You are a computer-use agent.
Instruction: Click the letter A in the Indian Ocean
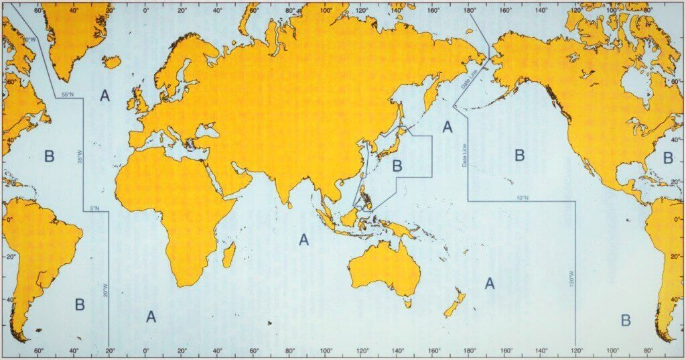(x=304, y=239)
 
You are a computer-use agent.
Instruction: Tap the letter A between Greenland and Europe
(x=105, y=96)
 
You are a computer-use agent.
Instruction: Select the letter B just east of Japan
(x=397, y=165)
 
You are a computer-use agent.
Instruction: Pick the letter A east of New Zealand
(x=490, y=284)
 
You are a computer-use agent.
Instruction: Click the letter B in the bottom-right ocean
(x=625, y=320)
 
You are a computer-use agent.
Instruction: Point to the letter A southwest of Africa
(x=151, y=316)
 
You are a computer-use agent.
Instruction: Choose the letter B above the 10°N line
(x=519, y=156)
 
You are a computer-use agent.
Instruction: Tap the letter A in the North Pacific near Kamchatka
(x=448, y=126)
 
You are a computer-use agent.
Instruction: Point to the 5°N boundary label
(x=94, y=208)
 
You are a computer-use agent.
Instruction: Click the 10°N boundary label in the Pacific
(x=523, y=198)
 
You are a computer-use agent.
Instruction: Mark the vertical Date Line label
(x=463, y=156)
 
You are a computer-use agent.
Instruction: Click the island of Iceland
(x=112, y=62)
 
